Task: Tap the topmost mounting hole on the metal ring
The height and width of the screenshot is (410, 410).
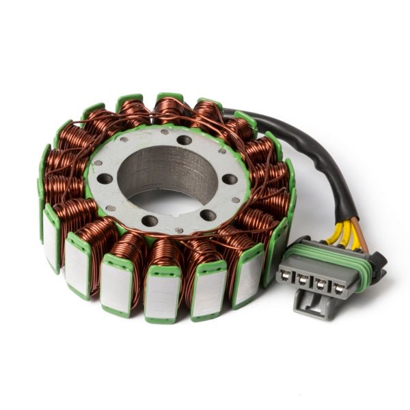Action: (x=182, y=140)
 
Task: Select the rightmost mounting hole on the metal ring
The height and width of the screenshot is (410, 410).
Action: (x=231, y=179)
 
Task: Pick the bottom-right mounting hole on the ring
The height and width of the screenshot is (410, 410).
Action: (x=205, y=215)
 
